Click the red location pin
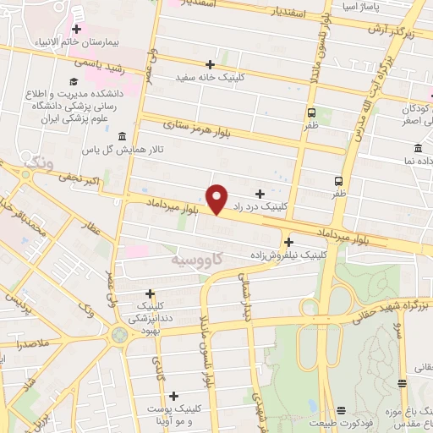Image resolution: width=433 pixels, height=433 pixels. (217, 199)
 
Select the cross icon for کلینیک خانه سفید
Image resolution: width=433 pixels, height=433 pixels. (210, 64)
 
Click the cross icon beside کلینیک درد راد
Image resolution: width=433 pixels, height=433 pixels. (260, 194)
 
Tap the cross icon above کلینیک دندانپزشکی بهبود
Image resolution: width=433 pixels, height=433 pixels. (150, 293)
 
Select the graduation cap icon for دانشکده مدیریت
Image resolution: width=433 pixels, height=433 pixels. (74, 81)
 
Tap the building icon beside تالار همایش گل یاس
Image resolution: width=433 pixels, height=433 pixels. (122, 136)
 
